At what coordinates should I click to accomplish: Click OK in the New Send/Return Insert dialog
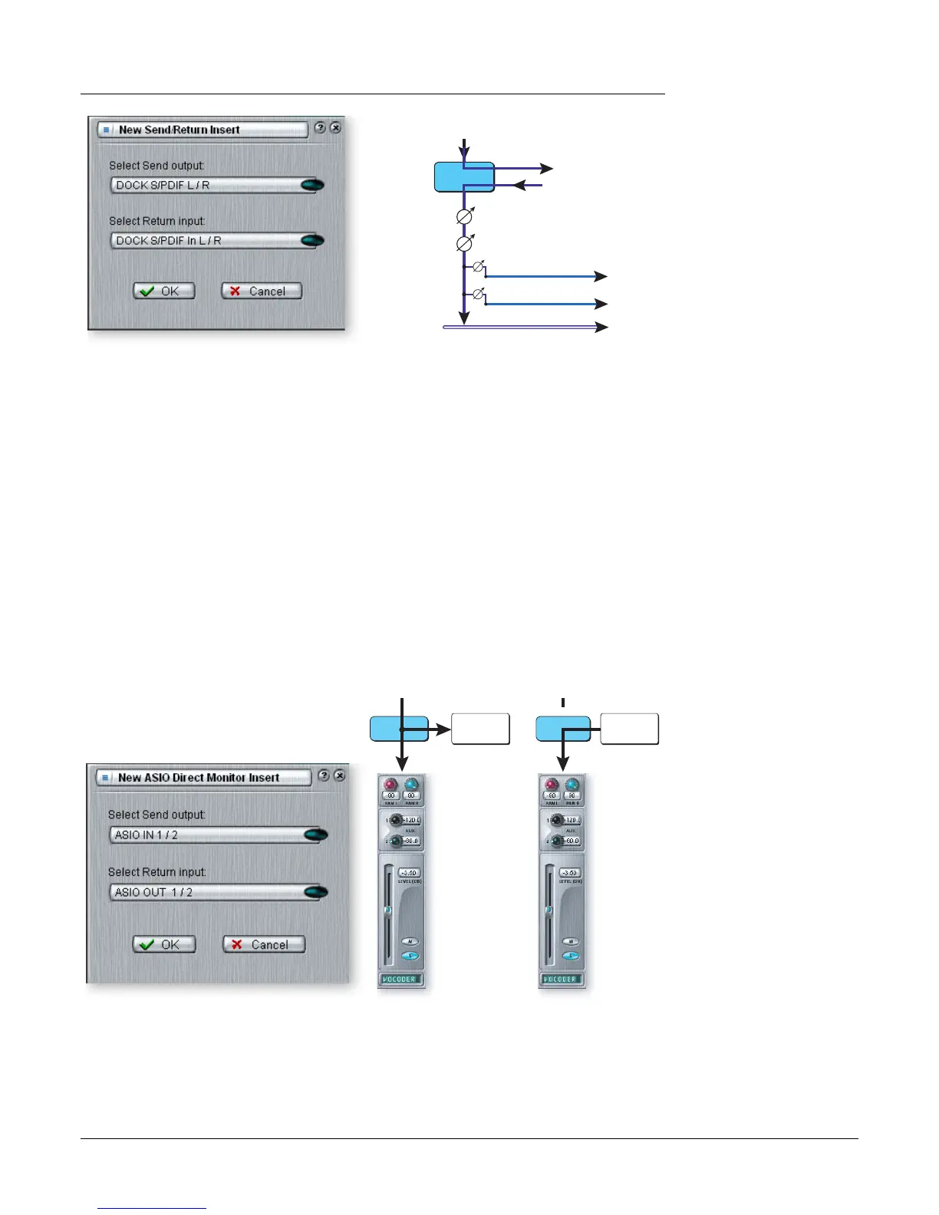point(164,291)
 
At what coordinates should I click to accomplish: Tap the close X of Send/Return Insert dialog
point(335,128)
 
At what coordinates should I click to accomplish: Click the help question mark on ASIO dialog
point(324,775)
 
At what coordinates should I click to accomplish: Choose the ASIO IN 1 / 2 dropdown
point(218,835)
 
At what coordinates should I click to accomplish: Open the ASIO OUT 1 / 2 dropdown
point(218,892)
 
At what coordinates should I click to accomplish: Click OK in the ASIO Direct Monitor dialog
point(164,944)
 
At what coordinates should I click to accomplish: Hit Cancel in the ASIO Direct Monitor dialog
point(264,944)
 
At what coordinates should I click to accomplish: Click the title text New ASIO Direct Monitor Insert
point(199,777)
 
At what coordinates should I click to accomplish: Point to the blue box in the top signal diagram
point(464,176)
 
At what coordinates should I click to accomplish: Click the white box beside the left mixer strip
point(480,729)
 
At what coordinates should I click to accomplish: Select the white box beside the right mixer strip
point(629,729)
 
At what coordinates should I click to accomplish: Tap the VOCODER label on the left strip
point(400,980)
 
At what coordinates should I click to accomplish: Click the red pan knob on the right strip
point(552,785)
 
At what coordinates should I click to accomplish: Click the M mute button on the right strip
point(571,941)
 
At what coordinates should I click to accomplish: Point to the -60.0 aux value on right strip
point(572,841)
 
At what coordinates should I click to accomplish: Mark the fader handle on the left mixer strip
point(387,910)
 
